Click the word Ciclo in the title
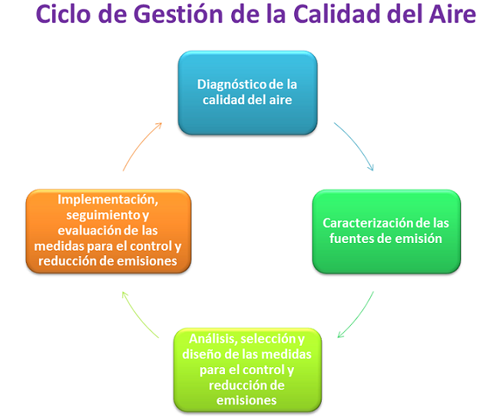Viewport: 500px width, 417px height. tap(63, 14)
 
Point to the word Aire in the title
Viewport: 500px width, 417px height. tap(453, 14)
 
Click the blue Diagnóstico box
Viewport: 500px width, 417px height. tap(247, 93)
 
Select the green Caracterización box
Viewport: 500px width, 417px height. tap(386, 231)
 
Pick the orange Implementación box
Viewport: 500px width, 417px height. tap(108, 231)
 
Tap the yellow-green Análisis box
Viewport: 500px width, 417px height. tap(247, 370)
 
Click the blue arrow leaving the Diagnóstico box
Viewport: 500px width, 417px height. tap(356, 144)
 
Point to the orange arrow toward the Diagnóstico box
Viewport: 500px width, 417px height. tap(140, 145)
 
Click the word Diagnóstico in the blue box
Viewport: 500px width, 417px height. tap(232, 85)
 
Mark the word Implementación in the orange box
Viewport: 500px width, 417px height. tap(108, 200)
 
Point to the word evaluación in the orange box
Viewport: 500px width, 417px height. tap(90, 231)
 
